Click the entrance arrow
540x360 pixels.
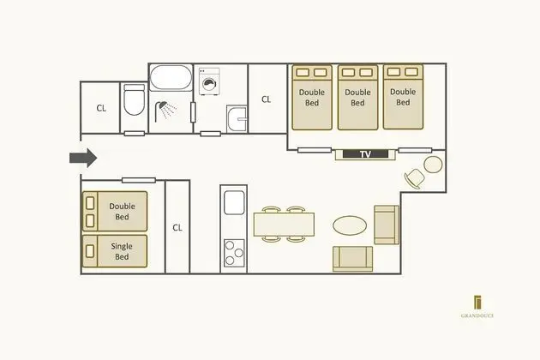point(83,158)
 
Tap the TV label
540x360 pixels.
point(365,154)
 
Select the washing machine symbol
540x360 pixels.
point(209,81)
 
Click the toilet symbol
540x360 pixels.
point(134,100)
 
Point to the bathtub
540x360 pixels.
point(171,77)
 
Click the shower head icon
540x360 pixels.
point(165,111)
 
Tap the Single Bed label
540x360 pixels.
point(122,251)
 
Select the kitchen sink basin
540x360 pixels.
point(234,202)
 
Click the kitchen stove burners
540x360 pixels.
point(234,253)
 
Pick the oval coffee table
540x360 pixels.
point(350,225)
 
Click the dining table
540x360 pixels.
point(284,225)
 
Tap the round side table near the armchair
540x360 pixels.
point(433,165)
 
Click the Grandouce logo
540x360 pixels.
point(477,307)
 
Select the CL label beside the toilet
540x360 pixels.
point(101,108)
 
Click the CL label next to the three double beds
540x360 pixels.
point(266,99)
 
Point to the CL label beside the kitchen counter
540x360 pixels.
point(177,228)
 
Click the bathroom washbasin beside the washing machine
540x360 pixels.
point(237,119)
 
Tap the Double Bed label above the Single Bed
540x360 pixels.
point(122,212)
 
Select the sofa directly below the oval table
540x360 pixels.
point(352,259)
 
